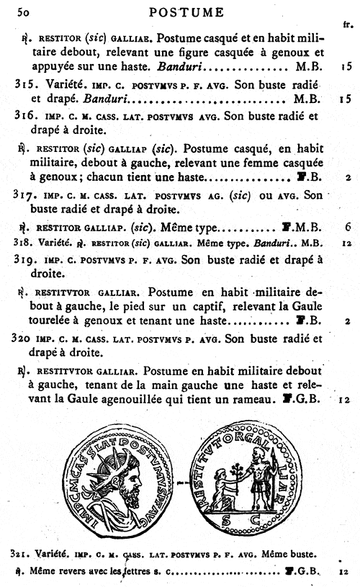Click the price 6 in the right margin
click(x=348, y=226)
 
